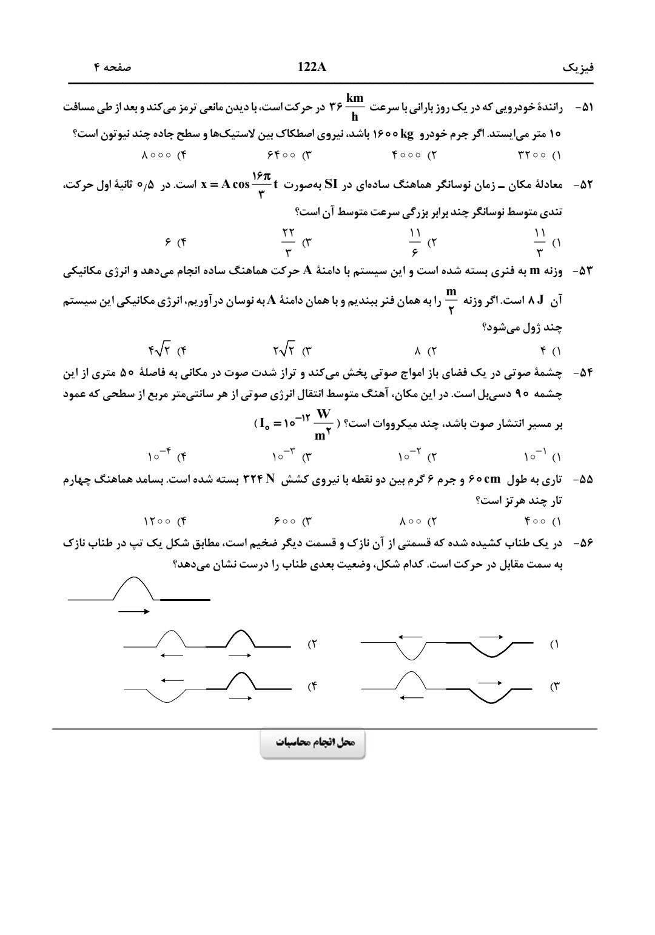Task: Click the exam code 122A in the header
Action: [x=312, y=67]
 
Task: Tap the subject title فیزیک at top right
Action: [x=579, y=67]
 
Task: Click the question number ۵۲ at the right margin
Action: [x=584, y=184]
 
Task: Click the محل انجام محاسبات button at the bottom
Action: [x=313, y=743]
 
